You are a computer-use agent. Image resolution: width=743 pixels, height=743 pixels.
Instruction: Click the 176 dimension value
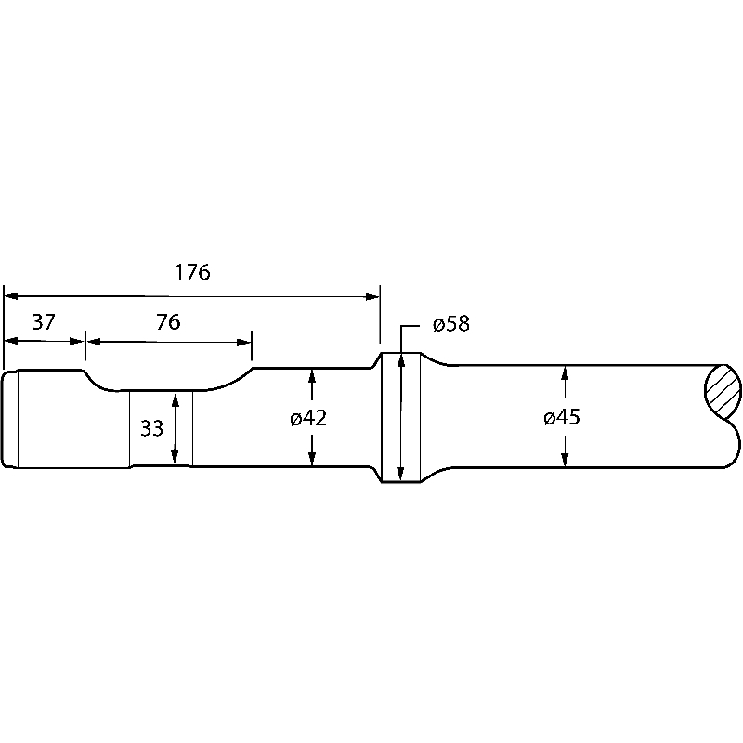pyautogui.click(x=193, y=272)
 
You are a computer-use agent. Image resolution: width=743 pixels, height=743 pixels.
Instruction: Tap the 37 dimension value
pyautogui.click(x=44, y=322)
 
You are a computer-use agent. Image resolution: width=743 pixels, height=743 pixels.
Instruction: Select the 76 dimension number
pyautogui.click(x=168, y=322)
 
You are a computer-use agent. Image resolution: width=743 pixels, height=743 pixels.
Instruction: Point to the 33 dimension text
pyautogui.click(x=151, y=428)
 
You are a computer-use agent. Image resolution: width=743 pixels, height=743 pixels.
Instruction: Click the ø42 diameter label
pyautogui.click(x=308, y=418)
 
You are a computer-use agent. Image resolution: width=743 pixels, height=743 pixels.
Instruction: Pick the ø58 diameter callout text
pyautogui.click(x=451, y=324)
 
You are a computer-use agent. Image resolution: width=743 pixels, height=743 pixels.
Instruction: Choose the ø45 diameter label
pyautogui.click(x=562, y=418)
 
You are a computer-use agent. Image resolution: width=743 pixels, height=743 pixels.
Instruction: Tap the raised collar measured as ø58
pyautogui.click(x=400, y=418)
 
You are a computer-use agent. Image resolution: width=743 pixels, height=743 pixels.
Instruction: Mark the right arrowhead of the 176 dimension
pyautogui.click(x=373, y=296)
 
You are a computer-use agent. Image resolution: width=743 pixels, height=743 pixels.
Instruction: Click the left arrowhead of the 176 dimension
pyautogui.click(x=10, y=296)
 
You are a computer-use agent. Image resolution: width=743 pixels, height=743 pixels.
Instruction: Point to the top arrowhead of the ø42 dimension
pyautogui.click(x=312, y=374)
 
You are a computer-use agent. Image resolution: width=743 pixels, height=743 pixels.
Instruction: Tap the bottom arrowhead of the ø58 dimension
pyautogui.click(x=400, y=475)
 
